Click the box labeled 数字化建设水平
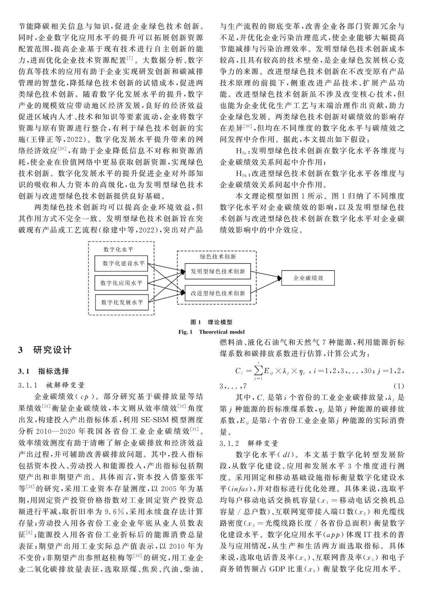click(x=121, y=264)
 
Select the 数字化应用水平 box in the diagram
click(x=121, y=283)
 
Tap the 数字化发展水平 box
click(x=121, y=302)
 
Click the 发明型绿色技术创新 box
click(x=218, y=271)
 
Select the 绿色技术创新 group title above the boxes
click(x=217, y=257)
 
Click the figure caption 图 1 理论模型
click(x=211, y=322)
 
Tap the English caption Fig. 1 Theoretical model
click(x=211, y=332)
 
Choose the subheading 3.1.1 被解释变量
click(x=52, y=386)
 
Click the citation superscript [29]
click(x=61, y=150)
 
